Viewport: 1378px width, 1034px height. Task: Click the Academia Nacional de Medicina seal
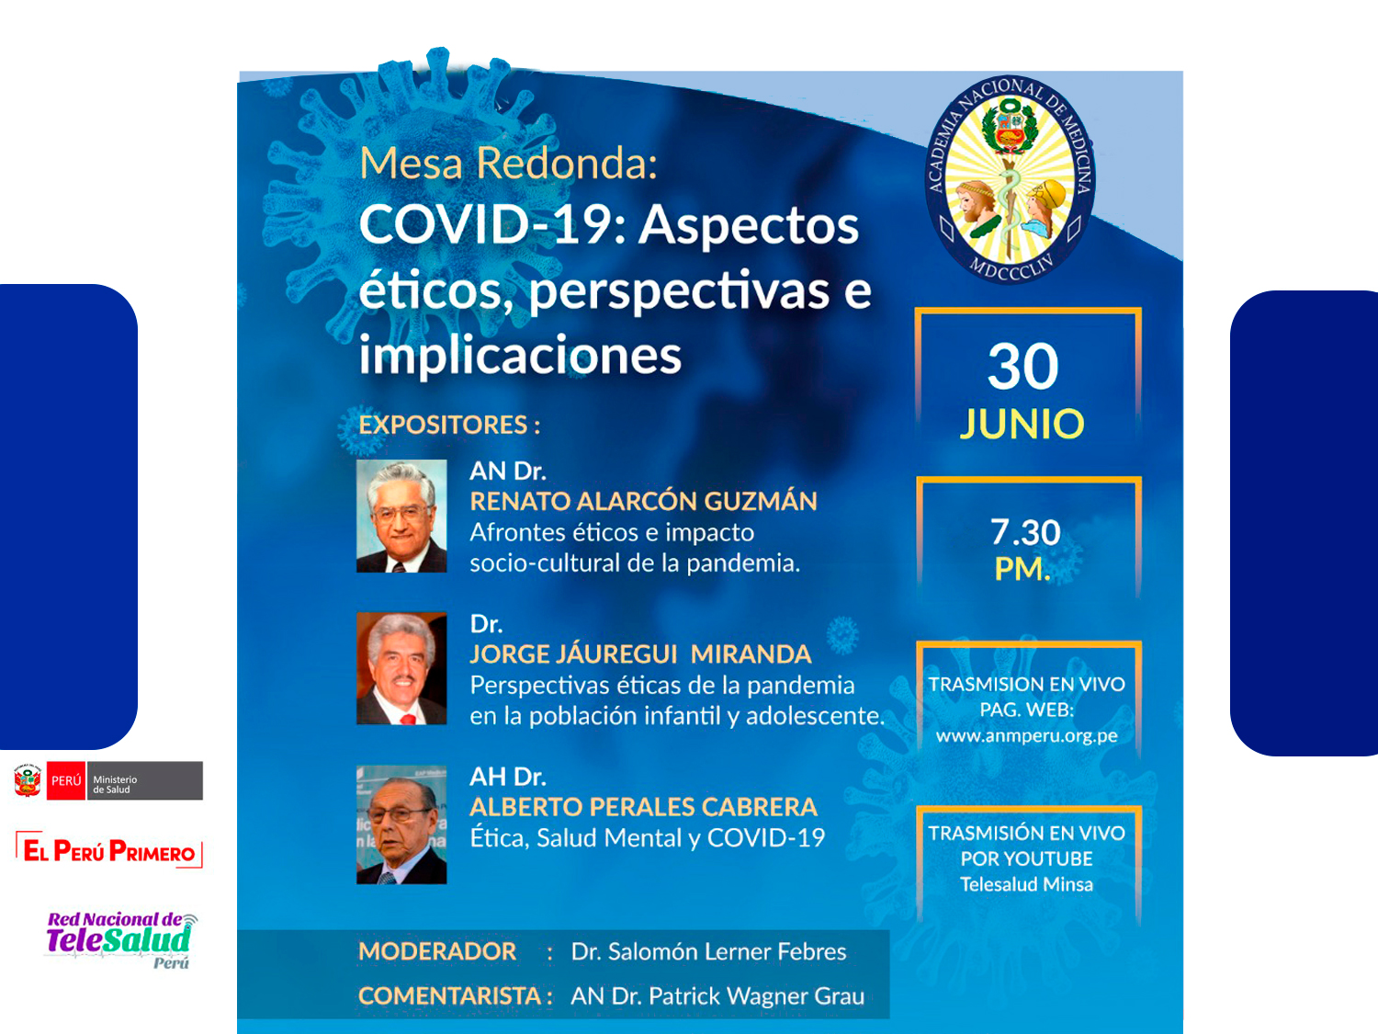pos(1011,179)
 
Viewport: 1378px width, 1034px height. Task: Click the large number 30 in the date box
pos(1022,367)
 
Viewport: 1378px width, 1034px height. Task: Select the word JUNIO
pos(1022,424)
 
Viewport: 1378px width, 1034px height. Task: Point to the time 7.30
pos(1025,532)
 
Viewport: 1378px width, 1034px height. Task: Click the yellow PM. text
pos(1022,569)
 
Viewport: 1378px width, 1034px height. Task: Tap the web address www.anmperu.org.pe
pos(1026,736)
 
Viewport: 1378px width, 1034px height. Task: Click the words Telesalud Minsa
pos(1026,884)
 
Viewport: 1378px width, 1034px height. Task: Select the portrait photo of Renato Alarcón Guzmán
pos(401,516)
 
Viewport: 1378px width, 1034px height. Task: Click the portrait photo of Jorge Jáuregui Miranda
pos(401,668)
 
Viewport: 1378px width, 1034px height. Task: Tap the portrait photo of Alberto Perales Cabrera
pos(401,825)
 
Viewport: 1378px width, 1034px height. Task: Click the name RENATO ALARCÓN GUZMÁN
pos(643,502)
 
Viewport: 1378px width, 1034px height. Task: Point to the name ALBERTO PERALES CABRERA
pos(643,807)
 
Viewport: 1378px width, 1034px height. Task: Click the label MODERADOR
pos(437,952)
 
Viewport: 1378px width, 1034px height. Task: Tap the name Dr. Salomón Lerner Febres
pos(709,952)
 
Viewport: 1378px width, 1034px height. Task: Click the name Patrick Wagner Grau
pos(756,996)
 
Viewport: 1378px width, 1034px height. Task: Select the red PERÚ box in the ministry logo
pos(66,781)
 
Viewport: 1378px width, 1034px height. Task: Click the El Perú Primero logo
pos(109,850)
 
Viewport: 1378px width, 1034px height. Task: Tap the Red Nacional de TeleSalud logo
pos(120,940)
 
